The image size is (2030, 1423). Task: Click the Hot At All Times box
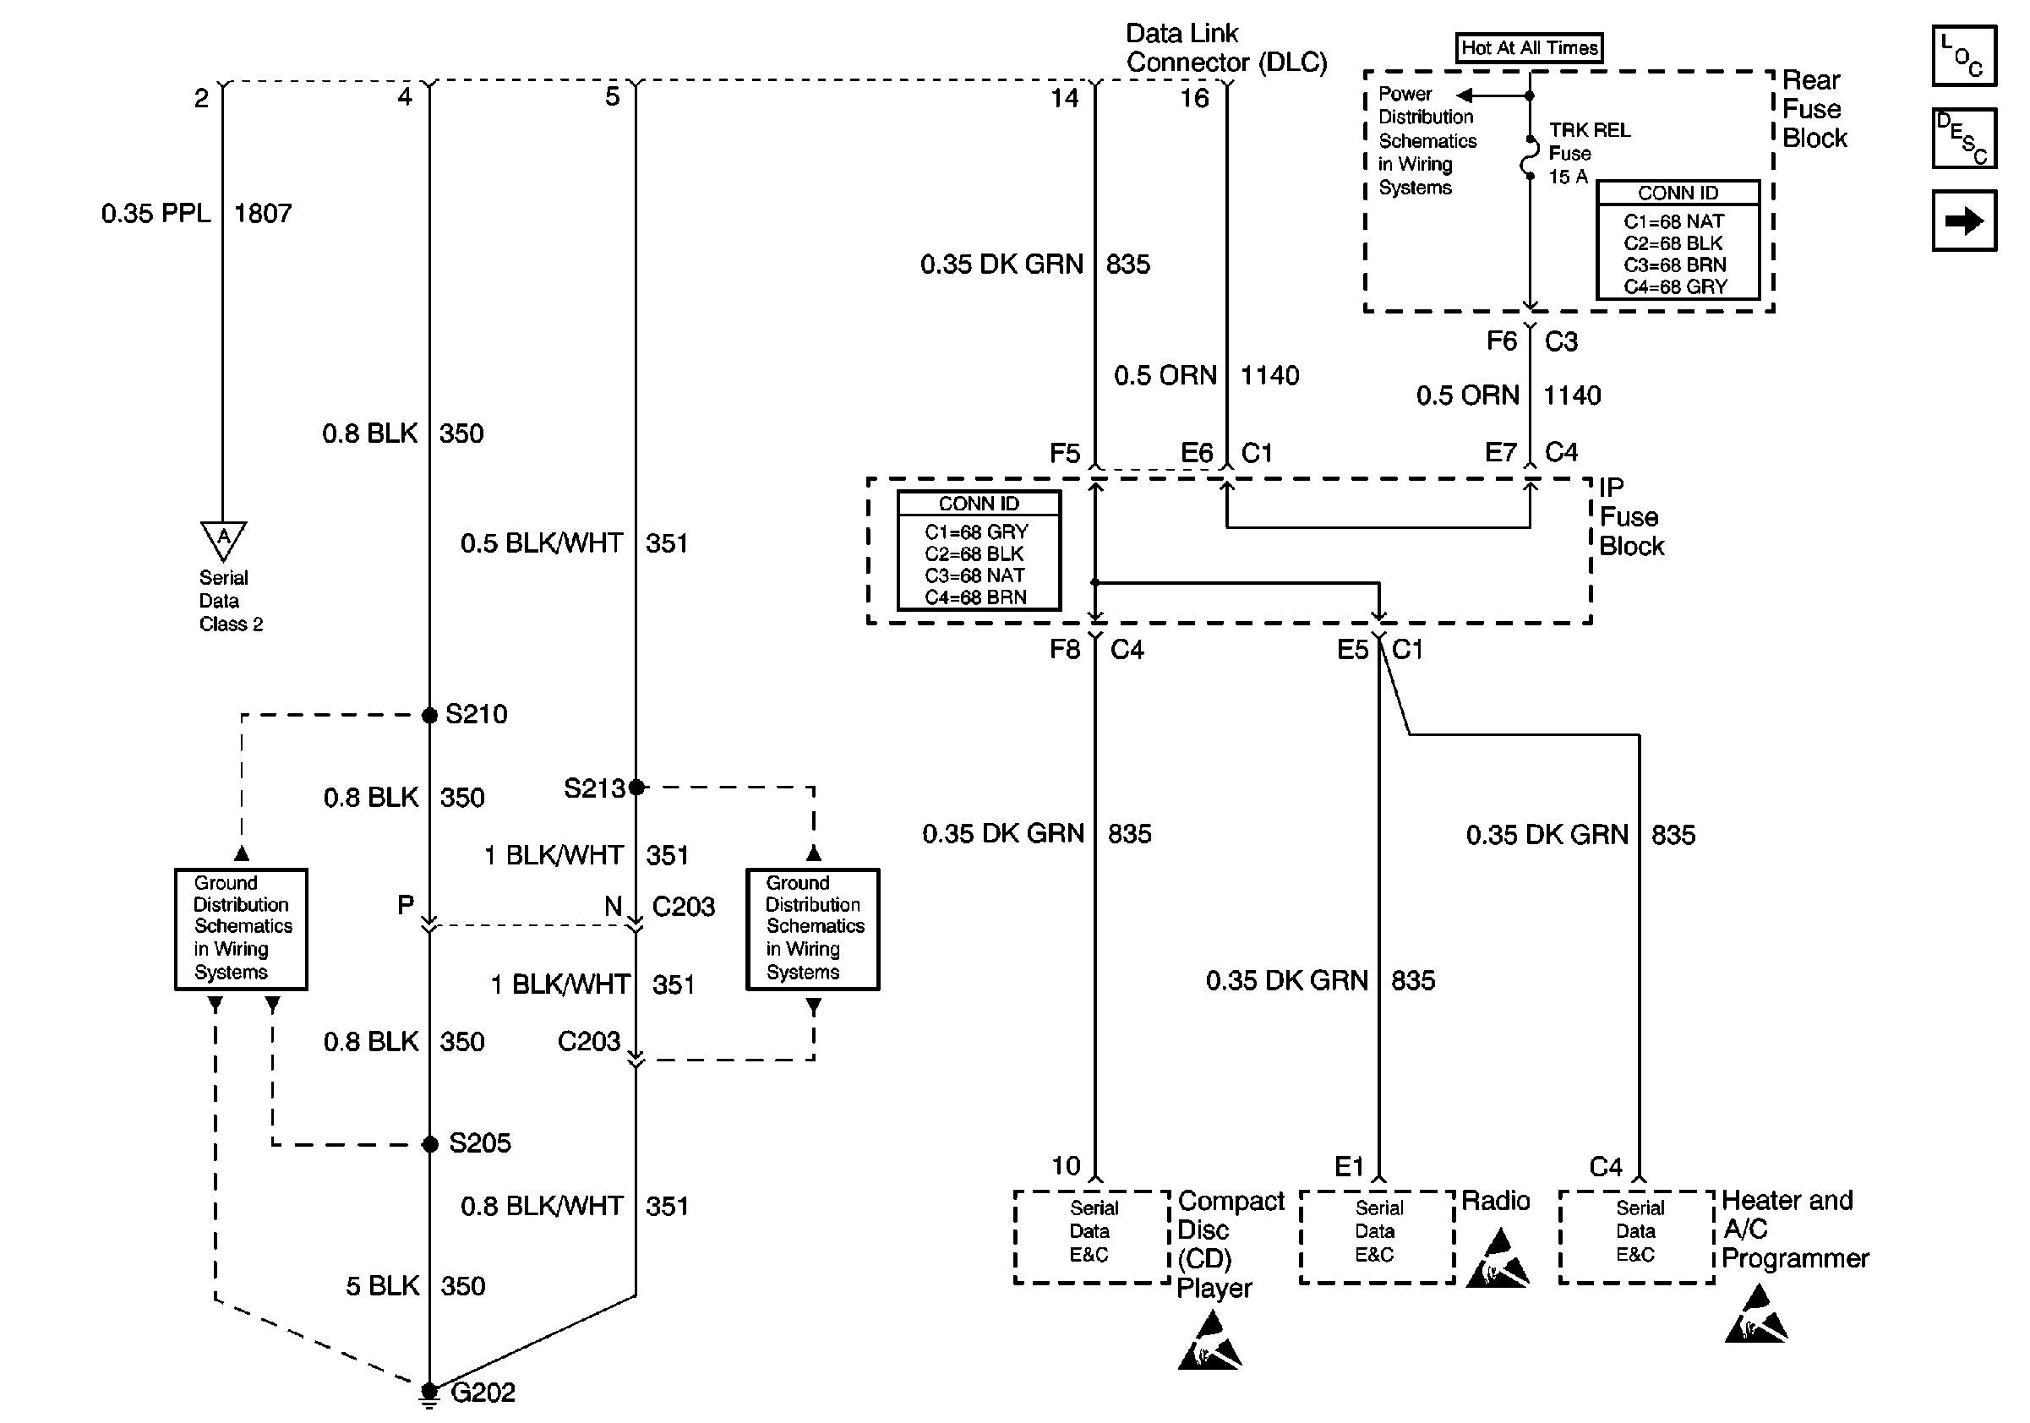pyautogui.click(x=1529, y=47)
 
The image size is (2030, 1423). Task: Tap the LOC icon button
pyautogui.click(x=1964, y=56)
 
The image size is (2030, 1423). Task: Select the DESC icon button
pyautogui.click(x=1964, y=138)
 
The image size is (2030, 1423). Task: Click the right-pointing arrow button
pyautogui.click(x=1964, y=221)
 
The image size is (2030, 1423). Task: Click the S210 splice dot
pyautogui.click(x=429, y=715)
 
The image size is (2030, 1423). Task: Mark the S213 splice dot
pyautogui.click(x=636, y=787)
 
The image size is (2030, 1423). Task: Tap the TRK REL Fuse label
pyautogui.click(x=1589, y=153)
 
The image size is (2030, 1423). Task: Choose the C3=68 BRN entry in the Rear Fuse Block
pyautogui.click(x=1674, y=264)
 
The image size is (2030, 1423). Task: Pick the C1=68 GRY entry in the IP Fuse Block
pyautogui.click(x=976, y=532)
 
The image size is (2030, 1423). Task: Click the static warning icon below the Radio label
pyautogui.click(x=1496, y=1259)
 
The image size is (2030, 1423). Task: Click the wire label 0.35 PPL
pyautogui.click(x=156, y=213)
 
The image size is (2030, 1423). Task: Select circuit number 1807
pyautogui.click(x=263, y=213)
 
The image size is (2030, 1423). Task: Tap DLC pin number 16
pyautogui.click(x=1194, y=98)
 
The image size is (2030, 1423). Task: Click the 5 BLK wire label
pyautogui.click(x=382, y=1286)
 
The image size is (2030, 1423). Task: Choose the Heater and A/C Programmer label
pyautogui.click(x=1795, y=1229)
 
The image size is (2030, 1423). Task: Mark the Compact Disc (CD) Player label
pyautogui.click(x=1230, y=1244)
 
